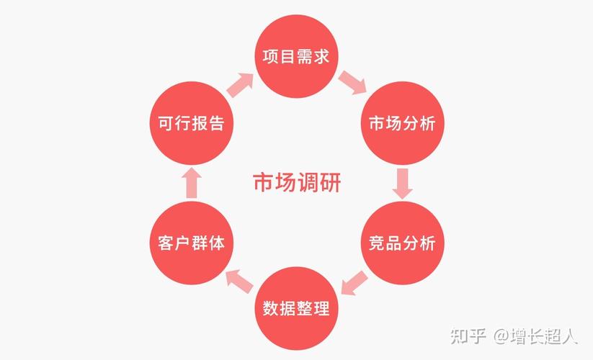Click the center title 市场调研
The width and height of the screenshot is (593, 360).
[296, 181]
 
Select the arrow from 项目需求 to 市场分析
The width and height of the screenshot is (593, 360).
[352, 81]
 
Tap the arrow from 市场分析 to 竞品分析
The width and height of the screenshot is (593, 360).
[403, 183]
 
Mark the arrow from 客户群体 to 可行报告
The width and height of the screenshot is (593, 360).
[190, 183]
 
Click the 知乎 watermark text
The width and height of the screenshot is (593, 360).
[467, 336]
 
